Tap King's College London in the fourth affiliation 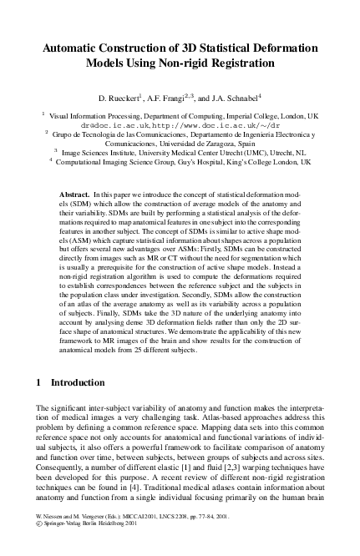coord(271,162)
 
